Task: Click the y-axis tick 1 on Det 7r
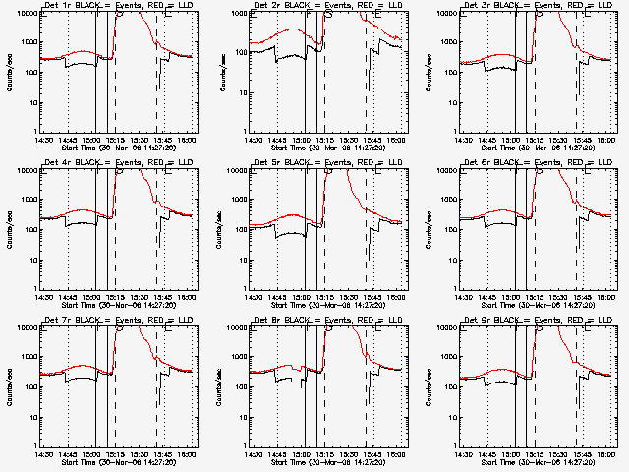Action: click(x=33, y=444)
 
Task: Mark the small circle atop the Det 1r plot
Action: click(x=119, y=12)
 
